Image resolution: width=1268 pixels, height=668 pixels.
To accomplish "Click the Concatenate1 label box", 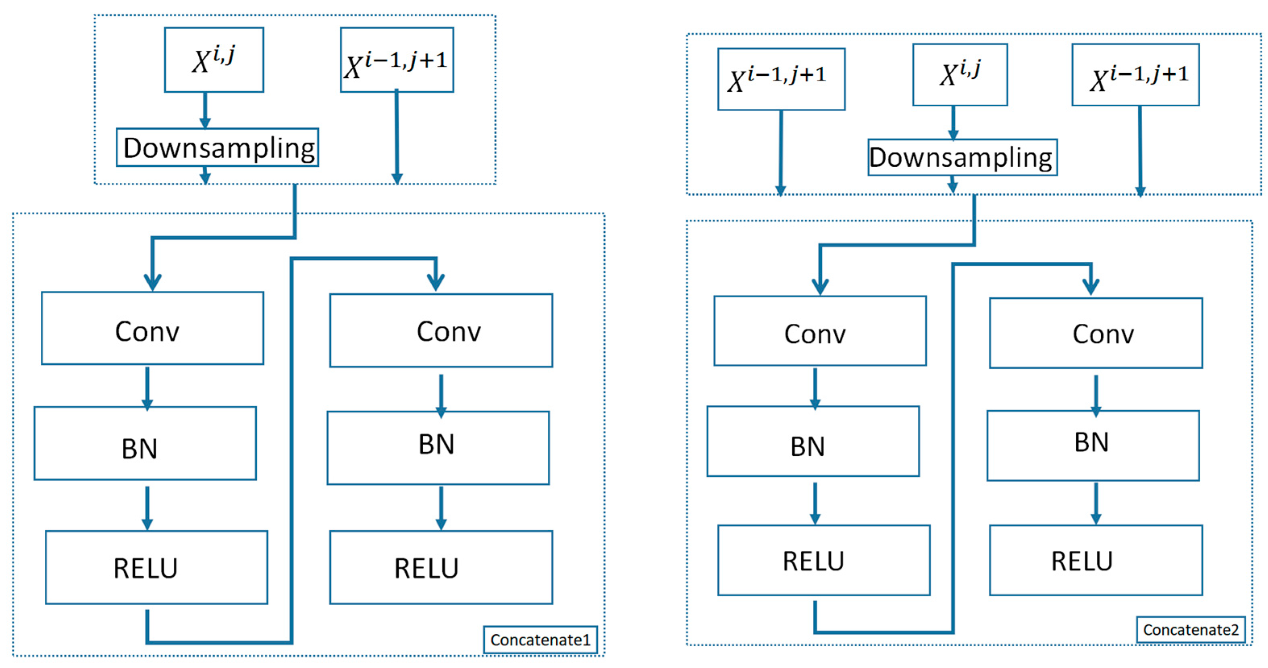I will [x=540, y=639].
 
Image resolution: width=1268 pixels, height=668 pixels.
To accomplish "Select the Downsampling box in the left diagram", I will [x=218, y=147].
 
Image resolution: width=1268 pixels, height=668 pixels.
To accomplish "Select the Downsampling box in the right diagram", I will [x=962, y=157].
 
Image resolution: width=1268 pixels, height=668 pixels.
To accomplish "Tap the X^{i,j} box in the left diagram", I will [x=214, y=60].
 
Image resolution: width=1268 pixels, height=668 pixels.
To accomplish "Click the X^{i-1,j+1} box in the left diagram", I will [x=397, y=60].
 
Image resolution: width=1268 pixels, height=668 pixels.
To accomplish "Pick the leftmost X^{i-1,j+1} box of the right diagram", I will [x=781, y=79].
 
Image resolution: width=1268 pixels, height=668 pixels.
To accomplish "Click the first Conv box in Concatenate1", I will [x=153, y=328].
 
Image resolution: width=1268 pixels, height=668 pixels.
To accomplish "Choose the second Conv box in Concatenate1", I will [x=441, y=331].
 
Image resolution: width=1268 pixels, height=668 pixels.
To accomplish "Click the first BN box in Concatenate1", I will [x=145, y=443].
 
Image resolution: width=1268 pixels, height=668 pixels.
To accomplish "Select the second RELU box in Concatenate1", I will [x=441, y=567].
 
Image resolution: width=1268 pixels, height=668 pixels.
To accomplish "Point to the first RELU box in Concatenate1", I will [x=156, y=567].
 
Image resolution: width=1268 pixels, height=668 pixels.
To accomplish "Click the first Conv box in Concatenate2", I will [x=820, y=331].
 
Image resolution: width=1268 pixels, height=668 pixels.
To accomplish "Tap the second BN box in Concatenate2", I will [x=1093, y=446].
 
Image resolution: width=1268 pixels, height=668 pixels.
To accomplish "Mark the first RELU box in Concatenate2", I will [x=824, y=560].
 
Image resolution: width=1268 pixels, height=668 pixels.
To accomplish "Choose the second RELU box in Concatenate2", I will [x=1096, y=560].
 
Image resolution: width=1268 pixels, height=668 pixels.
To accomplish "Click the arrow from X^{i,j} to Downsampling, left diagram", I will [x=205, y=110].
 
